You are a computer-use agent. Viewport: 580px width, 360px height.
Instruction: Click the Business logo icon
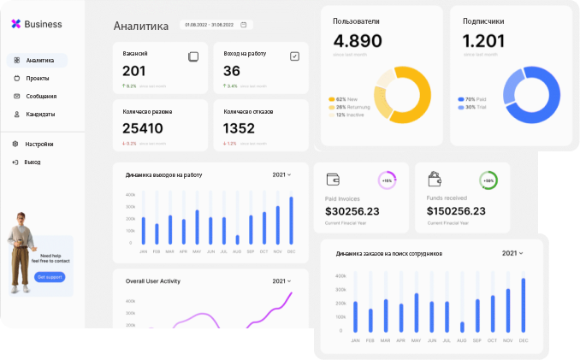click(x=15, y=25)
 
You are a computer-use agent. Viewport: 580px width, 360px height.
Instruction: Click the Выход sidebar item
click(x=32, y=162)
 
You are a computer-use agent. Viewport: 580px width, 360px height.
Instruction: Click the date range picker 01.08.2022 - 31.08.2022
click(x=216, y=25)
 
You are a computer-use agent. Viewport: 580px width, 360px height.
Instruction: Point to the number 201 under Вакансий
click(x=134, y=71)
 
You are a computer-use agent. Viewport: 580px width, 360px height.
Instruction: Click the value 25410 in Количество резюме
click(x=142, y=128)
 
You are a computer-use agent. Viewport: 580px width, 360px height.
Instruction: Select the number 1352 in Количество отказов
click(x=239, y=128)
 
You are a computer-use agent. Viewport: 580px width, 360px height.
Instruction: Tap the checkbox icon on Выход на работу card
click(x=294, y=56)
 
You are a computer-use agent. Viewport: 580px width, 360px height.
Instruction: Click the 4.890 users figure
click(x=358, y=41)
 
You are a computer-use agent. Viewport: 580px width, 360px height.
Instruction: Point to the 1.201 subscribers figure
click(x=483, y=41)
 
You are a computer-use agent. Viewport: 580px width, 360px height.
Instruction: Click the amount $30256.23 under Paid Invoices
click(x=352, y=211)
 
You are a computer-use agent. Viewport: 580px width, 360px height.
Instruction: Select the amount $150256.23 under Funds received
click(x=456, y=211)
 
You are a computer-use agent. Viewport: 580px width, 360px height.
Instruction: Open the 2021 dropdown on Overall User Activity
click(x=281, y=281)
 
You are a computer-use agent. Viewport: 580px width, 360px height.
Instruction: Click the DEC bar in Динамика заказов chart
click(x=523, y=305)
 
